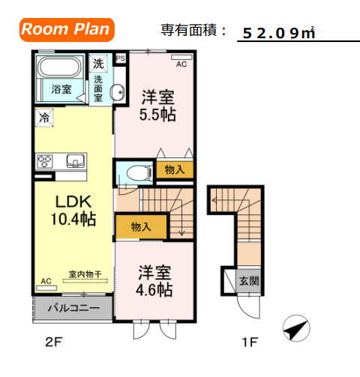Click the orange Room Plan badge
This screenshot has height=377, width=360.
66,30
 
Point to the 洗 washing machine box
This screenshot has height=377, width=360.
97,63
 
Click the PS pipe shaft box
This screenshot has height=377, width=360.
121,56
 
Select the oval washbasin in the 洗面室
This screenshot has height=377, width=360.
118,94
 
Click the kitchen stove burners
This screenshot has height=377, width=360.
45,160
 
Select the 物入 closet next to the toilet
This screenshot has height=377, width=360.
174,170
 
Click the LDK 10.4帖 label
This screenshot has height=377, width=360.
72,211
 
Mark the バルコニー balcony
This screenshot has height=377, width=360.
73,307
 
